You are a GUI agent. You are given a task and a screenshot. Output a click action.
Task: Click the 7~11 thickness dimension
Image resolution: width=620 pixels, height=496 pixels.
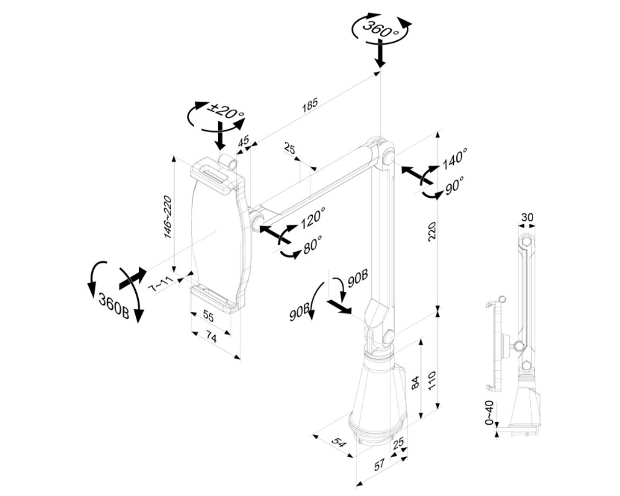click(161, 285)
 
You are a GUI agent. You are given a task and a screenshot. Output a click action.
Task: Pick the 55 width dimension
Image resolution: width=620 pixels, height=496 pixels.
click(208, 316)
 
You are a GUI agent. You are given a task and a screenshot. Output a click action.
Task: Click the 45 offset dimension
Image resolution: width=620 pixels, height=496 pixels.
click(244, 141)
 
